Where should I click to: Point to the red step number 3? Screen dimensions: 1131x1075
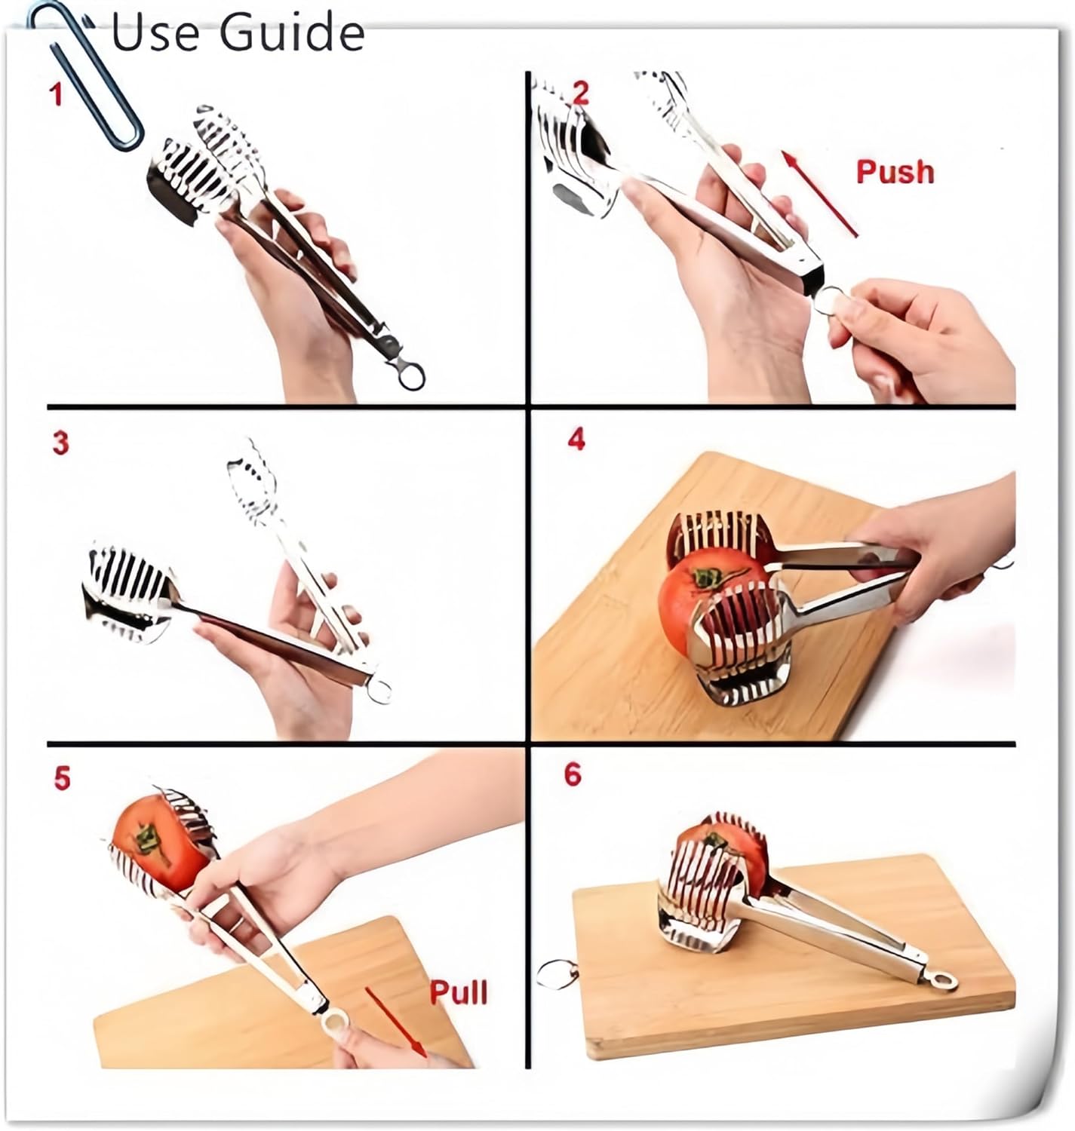pos(60,443)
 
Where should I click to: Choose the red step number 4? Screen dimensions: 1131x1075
pos(576,439)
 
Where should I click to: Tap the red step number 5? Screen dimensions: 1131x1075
pos(62,778)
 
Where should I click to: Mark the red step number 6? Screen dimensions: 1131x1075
pos(573,774)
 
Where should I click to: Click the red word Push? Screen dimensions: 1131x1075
pos(895,172)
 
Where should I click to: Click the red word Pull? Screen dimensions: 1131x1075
pos(458,992)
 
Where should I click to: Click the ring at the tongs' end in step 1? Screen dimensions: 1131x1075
pos(410,375)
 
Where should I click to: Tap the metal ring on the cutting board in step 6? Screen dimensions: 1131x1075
pos(557,973)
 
